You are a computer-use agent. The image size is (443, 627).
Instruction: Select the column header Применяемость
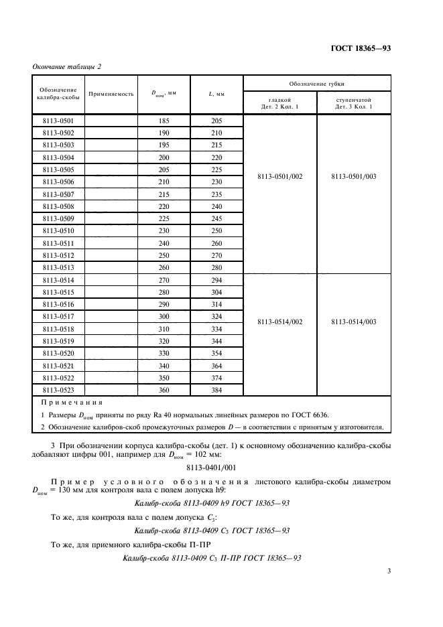click(x=111, y=94)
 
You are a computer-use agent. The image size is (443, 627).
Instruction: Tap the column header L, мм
click(x=216, y=94)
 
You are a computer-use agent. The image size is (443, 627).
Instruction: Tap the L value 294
click(x=216, y=279)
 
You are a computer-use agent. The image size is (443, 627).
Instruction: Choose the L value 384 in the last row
click(x=216, y=389)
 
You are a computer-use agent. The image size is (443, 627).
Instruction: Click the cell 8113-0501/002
click(x=280, y=194)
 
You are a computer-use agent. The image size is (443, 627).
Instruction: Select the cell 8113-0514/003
click(x=354, y=322)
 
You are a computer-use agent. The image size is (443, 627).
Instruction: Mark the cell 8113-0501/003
click(x=354, y=194)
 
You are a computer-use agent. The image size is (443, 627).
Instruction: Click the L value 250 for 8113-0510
click(x=216, y=230)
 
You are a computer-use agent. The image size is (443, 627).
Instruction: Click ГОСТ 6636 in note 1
click(x=310, y=415)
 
